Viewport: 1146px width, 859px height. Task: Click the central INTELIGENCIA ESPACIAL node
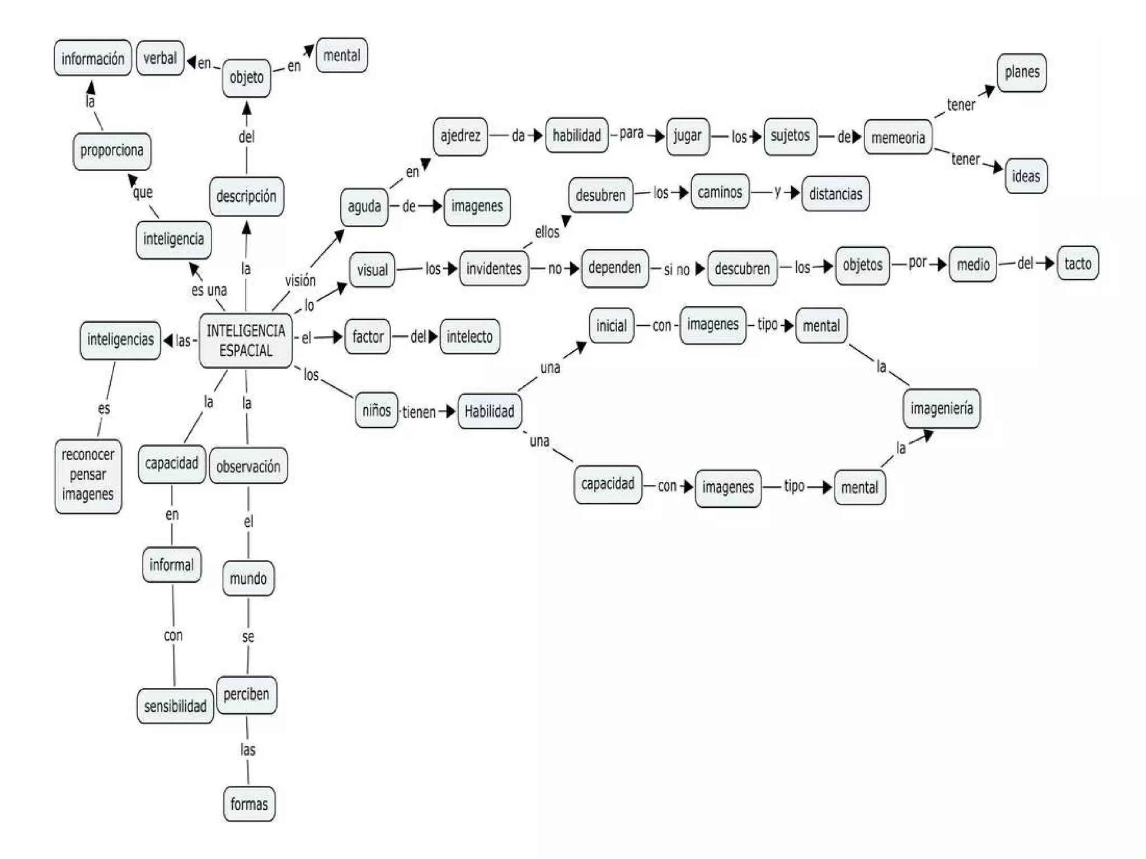tap(246, 341)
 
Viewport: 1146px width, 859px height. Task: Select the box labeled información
tap(93, 58)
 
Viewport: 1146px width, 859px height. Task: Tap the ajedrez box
tap(460, 136)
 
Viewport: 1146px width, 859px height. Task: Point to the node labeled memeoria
tap(898, 137)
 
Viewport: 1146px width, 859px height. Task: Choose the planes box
tap(1021, 72)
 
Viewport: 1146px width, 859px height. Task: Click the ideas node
tap(1025, 176)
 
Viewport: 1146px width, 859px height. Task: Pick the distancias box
tap(835, 194)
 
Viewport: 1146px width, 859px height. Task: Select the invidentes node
tap(494, 268)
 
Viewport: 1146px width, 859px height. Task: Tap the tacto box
tap(1077, 263)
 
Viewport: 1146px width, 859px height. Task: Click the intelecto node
tap(469, 337)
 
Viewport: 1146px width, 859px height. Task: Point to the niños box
tap(376, 410)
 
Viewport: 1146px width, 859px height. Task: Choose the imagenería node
tap(941, 408)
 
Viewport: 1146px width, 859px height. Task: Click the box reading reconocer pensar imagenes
tap(88, 475)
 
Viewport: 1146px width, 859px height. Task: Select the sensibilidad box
tap(175, 706)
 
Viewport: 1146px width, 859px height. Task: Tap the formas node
tap(249, 804)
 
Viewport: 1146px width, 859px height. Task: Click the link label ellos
tap(547, 232)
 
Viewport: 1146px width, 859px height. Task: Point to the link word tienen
tap(419, 412)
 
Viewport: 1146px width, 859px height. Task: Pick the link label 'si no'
tap(677, 270)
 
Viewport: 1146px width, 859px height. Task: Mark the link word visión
tap(300, 280)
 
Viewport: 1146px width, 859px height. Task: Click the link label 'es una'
tap(209, 290)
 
